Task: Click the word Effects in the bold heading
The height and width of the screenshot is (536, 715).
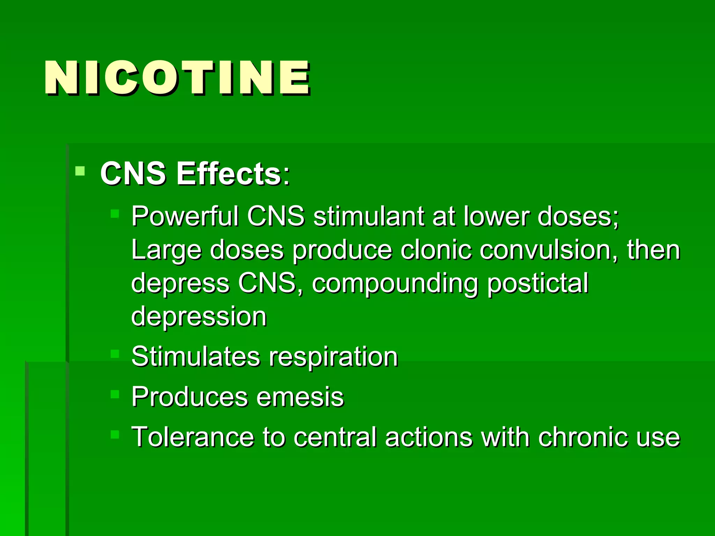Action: (229, 173)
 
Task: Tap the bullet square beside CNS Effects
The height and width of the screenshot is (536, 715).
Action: (80, 171)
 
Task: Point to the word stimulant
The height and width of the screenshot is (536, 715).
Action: (369, 216)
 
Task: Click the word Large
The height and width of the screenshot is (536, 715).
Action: (166, 251)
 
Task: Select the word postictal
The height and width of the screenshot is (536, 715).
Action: (538, 283)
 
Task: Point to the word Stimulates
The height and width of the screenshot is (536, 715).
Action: (196, 357)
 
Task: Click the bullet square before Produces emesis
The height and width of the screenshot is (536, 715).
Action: (115, 394)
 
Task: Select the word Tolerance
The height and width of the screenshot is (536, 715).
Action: (192, 437)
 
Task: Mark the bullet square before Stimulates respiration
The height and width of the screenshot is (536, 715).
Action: (115, 354)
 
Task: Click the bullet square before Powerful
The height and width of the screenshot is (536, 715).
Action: (115, 214)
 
